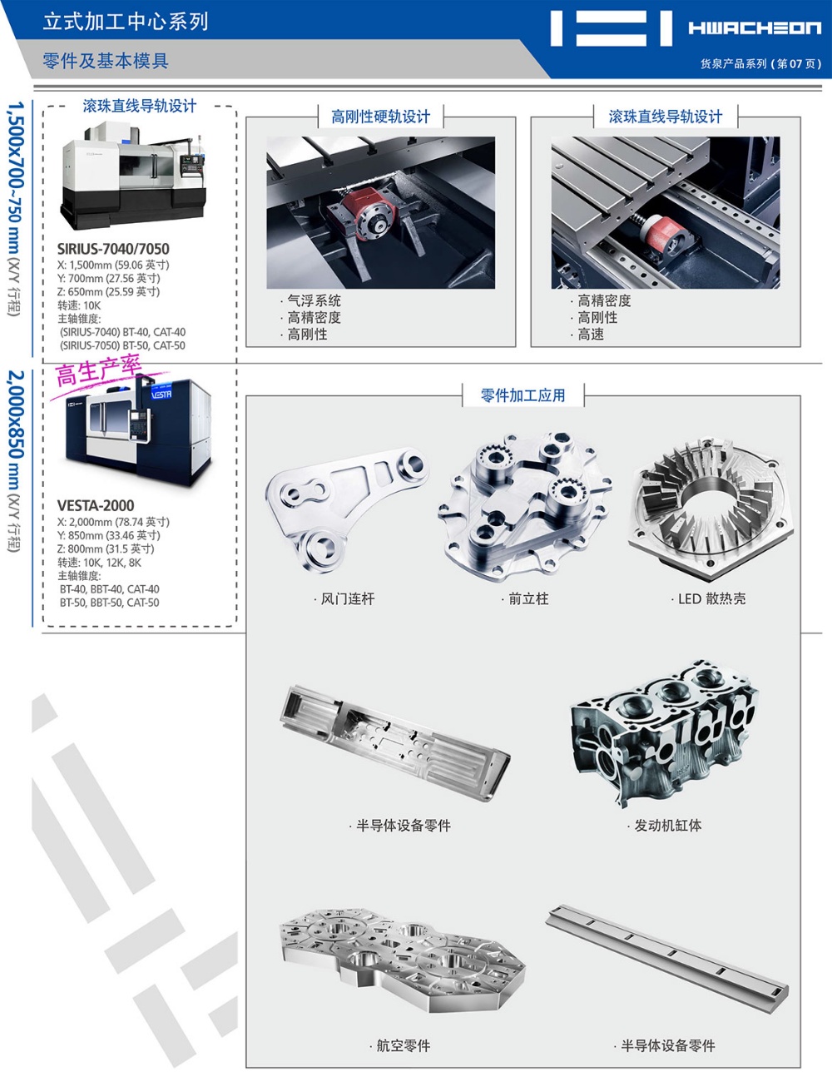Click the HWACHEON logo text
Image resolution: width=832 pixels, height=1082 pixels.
[x=755, y=28]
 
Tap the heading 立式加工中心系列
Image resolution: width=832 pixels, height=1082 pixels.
[x=126, y=22]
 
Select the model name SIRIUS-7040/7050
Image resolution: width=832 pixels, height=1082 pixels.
[x=113, y=249]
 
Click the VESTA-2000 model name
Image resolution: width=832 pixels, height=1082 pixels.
[x=96, y=505]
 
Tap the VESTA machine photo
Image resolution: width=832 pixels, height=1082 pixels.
[x=138, y=430]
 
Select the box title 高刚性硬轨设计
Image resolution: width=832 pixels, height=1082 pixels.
[x=381, y=117]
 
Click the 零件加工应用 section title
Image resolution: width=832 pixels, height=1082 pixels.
[x=523, y=395]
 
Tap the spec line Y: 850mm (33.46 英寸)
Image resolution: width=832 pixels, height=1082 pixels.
[x=108, y=535]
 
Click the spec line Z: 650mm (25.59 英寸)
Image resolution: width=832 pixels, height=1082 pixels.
[x=108, y=292]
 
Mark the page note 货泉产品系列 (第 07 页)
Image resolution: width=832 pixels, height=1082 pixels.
[x=760, y=64]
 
